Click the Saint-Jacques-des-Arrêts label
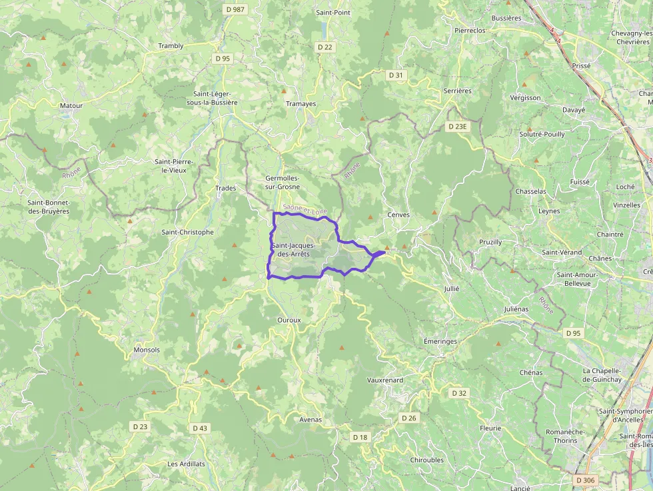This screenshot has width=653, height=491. [293, 250]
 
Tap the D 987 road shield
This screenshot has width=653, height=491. [235, 9]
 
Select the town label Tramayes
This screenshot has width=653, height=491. [300, 103]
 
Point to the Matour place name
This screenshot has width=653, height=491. [71, 105]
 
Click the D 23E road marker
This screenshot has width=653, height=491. [459, 126]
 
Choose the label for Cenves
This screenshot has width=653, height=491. [398, 215]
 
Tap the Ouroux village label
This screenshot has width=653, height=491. [289, 320]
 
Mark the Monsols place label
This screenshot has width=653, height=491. [147, 350]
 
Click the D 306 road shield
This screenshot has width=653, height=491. [585, 480]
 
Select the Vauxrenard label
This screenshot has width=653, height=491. [385, 380]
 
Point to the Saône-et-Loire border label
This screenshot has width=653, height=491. [305, 210]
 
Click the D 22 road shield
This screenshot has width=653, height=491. [325, 47]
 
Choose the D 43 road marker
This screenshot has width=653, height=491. [199, 428]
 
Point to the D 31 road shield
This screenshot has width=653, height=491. [396, 75]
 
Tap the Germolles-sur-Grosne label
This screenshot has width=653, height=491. [283, 183]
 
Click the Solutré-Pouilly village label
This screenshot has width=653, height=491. [542, 134]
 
